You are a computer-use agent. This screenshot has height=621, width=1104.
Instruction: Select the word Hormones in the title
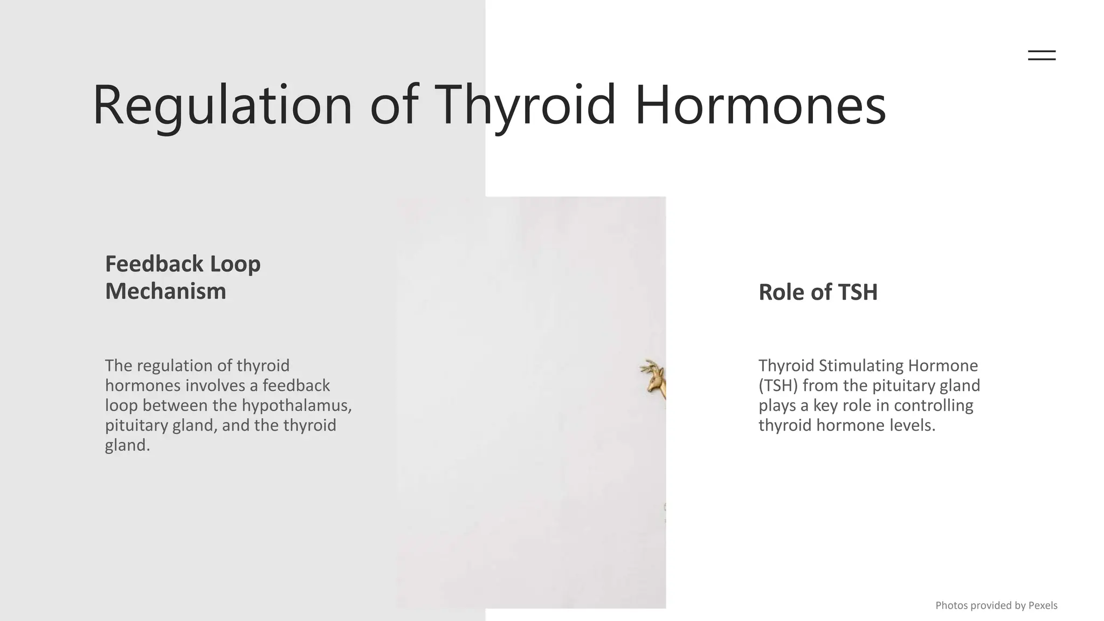(760, 105)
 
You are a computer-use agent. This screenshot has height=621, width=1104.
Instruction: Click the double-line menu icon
(1041, 55)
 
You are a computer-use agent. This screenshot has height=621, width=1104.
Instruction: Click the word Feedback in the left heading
(154, 264)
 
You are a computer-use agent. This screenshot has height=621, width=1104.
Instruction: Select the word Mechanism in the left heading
(165, 292)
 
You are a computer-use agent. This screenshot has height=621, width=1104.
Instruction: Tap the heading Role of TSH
(818, 292)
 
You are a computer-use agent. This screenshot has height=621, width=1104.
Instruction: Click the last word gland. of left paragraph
(127, 445)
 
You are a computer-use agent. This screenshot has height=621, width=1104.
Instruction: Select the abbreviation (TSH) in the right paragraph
(778, 385)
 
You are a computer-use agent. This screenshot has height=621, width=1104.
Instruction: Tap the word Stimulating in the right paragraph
(861, 365)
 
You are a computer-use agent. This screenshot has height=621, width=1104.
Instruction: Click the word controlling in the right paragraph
(934, 405)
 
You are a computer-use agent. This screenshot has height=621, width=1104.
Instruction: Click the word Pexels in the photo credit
(1043, 605)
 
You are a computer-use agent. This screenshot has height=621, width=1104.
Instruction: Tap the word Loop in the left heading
(235, 264)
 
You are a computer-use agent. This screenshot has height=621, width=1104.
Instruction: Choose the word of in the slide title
(394, 105)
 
